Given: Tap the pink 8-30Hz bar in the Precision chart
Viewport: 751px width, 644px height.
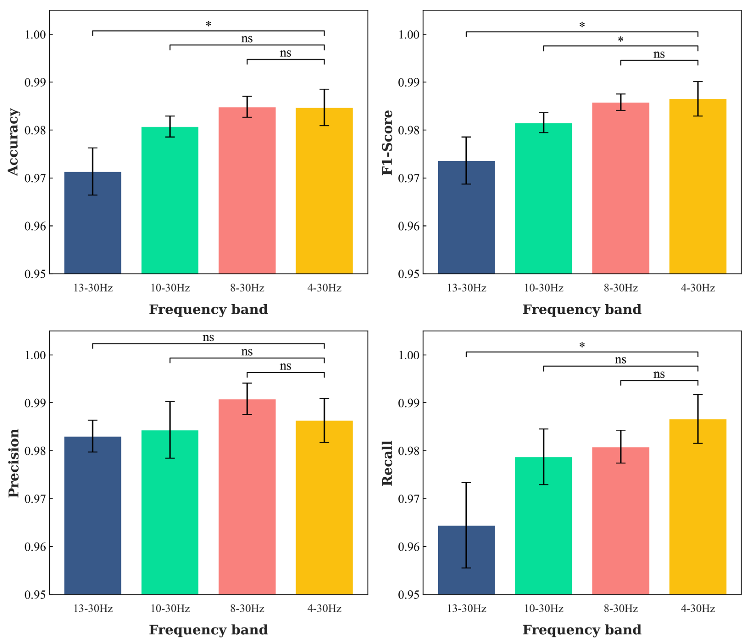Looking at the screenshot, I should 247,507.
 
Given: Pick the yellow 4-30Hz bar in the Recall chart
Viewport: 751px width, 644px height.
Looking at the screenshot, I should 698,518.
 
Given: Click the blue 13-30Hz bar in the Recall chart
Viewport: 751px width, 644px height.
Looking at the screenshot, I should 466,565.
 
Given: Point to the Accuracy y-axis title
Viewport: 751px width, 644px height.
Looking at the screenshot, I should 13,142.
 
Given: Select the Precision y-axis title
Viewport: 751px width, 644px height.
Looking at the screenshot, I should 13,463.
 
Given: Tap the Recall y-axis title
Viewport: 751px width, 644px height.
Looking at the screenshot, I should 387,463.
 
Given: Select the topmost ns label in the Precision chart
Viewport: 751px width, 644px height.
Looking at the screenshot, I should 208,337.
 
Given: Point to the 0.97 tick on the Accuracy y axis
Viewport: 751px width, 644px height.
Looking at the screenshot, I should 35,178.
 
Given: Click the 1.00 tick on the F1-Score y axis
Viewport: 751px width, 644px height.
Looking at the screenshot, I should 409,34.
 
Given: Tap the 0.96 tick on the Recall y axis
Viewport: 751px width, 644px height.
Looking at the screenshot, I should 409,547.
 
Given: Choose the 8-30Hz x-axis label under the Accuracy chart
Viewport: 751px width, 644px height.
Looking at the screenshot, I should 247,288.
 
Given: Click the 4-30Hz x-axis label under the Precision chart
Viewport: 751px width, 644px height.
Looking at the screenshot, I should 324,609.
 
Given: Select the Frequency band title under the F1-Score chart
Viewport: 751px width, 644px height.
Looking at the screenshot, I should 582,309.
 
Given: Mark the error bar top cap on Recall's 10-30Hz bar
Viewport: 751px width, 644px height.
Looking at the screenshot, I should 543,429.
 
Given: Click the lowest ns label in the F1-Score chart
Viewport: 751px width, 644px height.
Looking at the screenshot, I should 659,54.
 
